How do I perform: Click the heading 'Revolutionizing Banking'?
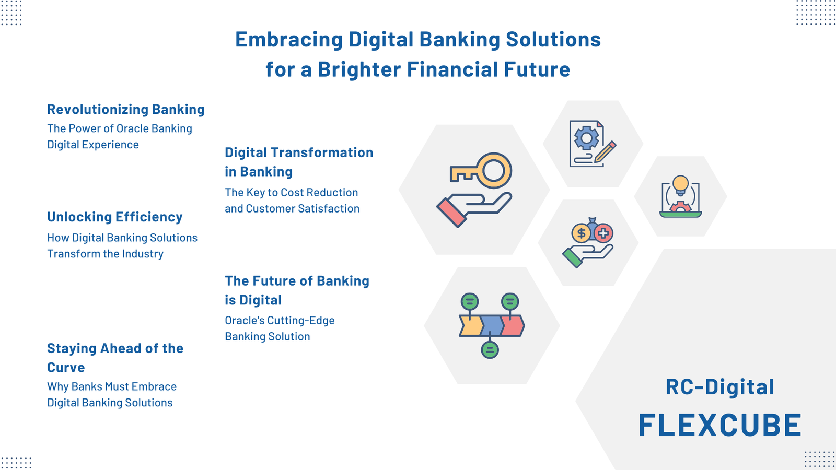pyautogui.click(x=125, y=110)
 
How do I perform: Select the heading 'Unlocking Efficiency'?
pyautogui.click(x=114, y=217)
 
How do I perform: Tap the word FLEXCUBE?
pyautogui.click(x=719, y=425)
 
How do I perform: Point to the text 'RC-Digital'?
pyautogui.click(x=719, y=387)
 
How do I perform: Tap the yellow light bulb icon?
pyautogui.click(x=680, y=183)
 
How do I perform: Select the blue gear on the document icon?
pyautogui.click(x=586, y=138)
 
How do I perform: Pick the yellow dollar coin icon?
pyautogui.click(x=581, y=233)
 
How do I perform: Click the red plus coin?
pyautogui.click(x=603, y=233)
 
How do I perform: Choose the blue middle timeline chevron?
pyautogui.click(x=491, y=325)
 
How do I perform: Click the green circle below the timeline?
pyautogui.click(x=490, y=350)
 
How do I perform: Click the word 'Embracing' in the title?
pyautogui.click(x=288, y=40)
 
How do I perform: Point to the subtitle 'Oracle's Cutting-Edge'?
pyautogui.click(x=280, y=321)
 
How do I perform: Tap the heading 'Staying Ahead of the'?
pyautogui.click(x=115, y=349)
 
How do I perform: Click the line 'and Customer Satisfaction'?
pyautogui.click(x=292, y=209)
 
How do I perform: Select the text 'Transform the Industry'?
pyautogui.click(x=105, y=254)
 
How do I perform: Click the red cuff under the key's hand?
pyautogui.click(x=451, y=212)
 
